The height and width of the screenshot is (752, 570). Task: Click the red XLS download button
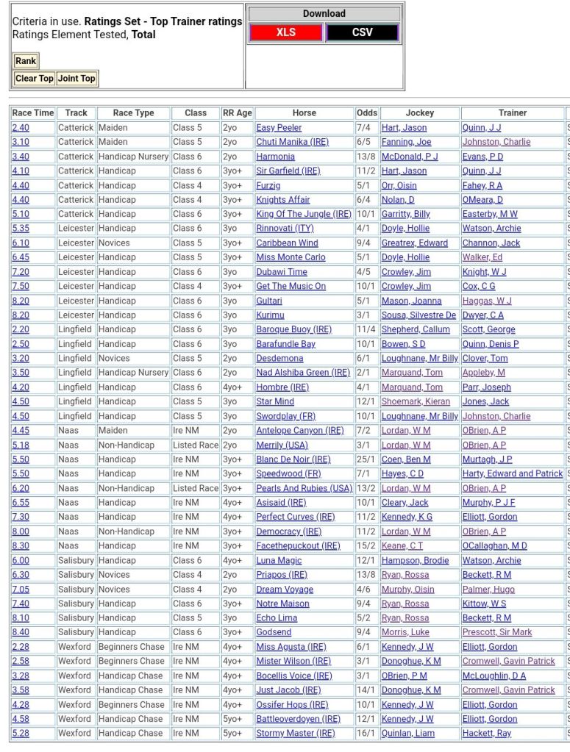pyautogui.click(x=285, y=32)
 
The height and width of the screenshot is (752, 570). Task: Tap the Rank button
pyautogui.click(x=26, y=61)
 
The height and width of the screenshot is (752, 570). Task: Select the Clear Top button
pyautogui.click(x=35, y=79)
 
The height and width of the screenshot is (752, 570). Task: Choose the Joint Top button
pyautogui.click(x=76, y=79)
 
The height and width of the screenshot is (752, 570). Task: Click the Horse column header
pyautogui.click(x=304, y=113)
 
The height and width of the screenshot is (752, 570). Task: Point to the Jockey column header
pyautogui.click(x=419, y=113)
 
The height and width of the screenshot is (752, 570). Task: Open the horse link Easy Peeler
pyautogui.click(x=279, y=128)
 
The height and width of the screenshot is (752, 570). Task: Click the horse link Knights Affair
pyautogui.click(x=283, y=200)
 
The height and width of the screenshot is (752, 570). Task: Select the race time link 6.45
pyautogui.click(x=21, y=257)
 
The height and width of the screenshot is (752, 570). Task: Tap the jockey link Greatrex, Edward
pyautogui.click(x=414, y=243)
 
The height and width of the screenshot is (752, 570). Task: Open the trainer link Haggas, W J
pyautogui.click(x=486, y=301)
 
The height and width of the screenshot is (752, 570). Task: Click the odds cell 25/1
pyautogui.click(x=366, y=459)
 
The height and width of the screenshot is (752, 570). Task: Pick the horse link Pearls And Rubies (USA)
pyautogui.click(x=304, y=488)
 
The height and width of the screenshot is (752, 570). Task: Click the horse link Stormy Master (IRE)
pyautogui.click(x=295, y=733)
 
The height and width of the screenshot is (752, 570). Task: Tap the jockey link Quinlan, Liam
pyautogui.click(x=407, y=733)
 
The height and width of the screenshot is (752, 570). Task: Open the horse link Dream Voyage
pyautogui.click(x=285, y=589)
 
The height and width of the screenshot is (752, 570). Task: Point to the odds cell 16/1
pyautogui.click(x=366, y=733)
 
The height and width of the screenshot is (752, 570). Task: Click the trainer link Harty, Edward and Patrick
pyautogui.click(x=512, y=474)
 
